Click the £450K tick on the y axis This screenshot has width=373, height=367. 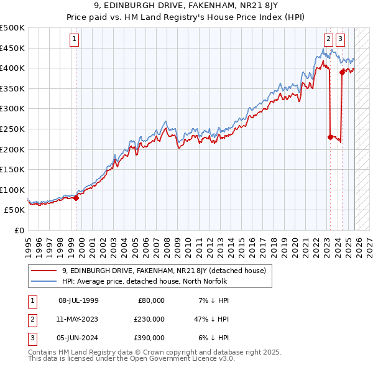pos(13,48)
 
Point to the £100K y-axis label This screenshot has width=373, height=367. pos(13,190)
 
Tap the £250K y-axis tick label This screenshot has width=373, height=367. pos(13,129)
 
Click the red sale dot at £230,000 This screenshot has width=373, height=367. pos(330,137)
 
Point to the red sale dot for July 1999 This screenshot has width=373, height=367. pos(76,198)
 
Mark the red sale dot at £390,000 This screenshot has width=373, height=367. pos(342,72)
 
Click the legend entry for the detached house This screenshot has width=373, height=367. pos(163,271)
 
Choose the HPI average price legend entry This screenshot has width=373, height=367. pos(144,281)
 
